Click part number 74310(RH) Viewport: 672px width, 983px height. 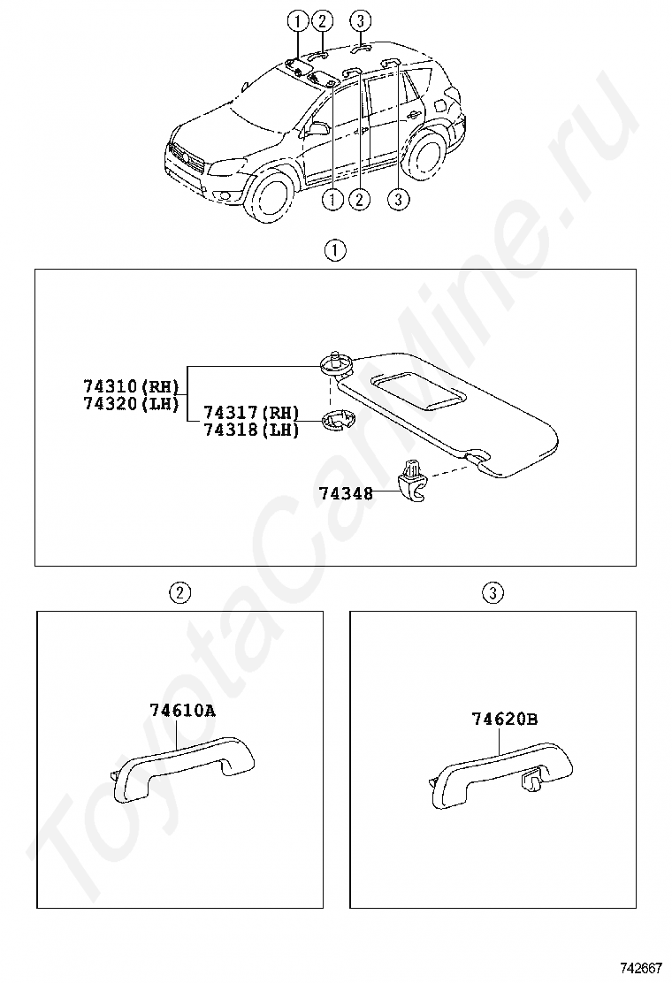[x=131, y=386]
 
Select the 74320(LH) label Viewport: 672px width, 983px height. [x=131, y=404]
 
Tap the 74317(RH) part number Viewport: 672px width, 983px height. [x=252, y=413]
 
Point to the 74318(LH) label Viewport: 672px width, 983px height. [x=252, y=430]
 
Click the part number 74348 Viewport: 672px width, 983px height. [x=344, y=494]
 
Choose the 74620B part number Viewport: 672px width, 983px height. [x=504, y=720]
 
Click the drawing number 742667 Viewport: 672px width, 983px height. [x=641, y=968]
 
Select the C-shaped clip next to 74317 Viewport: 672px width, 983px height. [x=335, y=422]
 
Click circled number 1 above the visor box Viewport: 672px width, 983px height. [x=334, y=250]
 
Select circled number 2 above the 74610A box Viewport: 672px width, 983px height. [x=179, y=592]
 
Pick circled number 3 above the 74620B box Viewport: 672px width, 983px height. [x=493, y=592]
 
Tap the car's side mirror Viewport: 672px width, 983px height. [x=317, y=128]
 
